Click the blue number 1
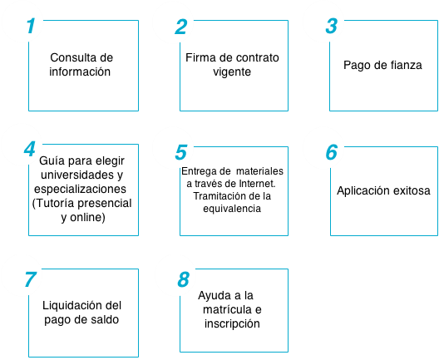[x=31, y=26]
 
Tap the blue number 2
[x=181, y=27]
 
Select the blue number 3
[x=332, y=26]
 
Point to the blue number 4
[x=30, y=149]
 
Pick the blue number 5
[x=181, y=152]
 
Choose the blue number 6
[x=332, y=152]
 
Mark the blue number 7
[x=31, y=279]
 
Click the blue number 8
[x=184, y=279]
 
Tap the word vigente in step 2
[x=232, y=72]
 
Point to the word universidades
[x=77, y=175]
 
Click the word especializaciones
[x=80, y=190]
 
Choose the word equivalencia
[x=232, y=209]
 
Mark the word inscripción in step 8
[x=232, y=324]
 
